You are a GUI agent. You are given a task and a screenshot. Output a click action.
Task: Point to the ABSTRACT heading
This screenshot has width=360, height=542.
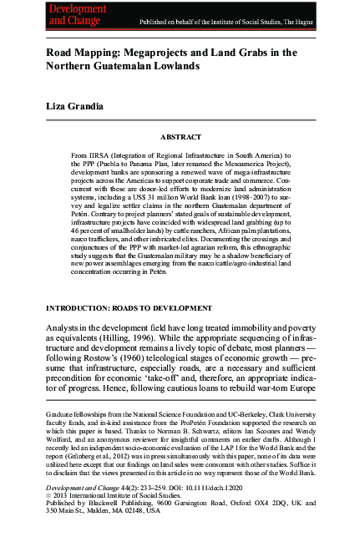[x=180, y=136]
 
